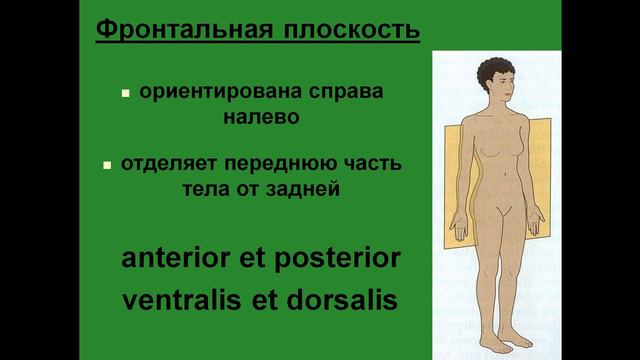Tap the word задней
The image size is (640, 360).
coord(311,186)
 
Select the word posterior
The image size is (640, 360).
coord(340,258)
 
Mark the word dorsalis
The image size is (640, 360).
coord(341,299)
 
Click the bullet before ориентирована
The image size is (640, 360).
coord(126,93)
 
